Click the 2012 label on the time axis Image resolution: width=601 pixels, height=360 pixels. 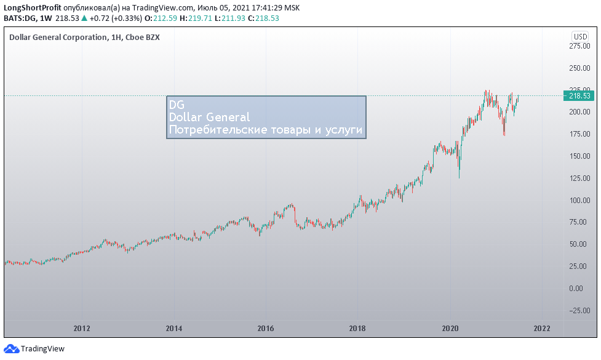point(82,329)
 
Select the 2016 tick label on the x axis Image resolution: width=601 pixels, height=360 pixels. point(266,329)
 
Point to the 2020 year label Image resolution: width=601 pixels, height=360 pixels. point(450,329)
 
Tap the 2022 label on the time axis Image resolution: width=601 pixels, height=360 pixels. point(542,329)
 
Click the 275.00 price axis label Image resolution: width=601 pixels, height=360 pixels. point(579,46)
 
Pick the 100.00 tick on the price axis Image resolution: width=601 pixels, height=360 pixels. point(579,200)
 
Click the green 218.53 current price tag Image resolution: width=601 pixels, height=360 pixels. point(579,96)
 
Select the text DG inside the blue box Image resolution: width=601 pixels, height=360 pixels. point(177,105)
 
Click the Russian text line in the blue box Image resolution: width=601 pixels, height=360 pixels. point(266,130)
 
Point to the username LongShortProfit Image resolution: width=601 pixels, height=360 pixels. point(33,7)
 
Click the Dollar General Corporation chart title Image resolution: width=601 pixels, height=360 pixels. point(58,38)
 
